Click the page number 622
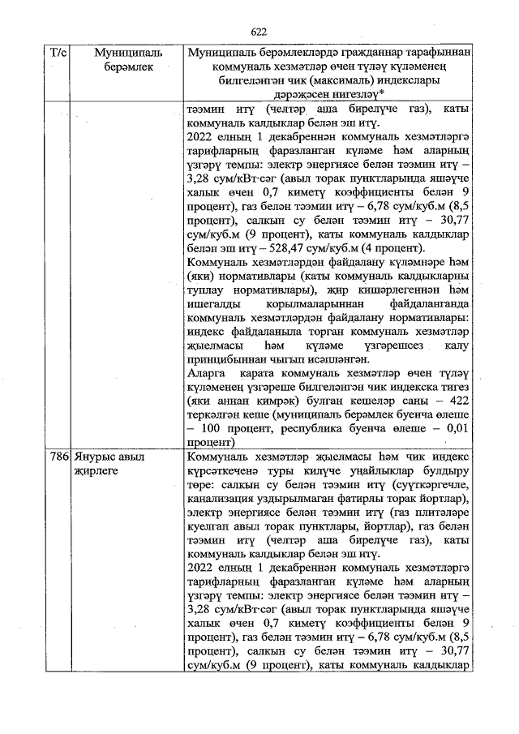259,32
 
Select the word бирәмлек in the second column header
117,67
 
